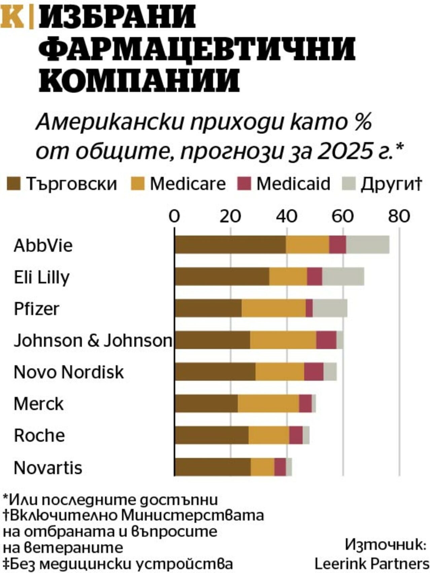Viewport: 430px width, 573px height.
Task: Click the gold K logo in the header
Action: (x=12, y=17)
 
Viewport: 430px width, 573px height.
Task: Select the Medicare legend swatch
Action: (x=137, y=184)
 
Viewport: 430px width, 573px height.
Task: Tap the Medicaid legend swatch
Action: (x=244, y=184)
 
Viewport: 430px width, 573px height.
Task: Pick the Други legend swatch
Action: (x=349, y=184)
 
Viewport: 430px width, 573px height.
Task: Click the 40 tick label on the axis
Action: (x=287, y=216)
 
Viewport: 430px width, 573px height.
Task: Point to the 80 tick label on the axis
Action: (x=399, y=216)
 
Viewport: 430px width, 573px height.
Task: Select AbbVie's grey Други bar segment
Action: (x=368, y=245)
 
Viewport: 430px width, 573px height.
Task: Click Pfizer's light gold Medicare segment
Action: (x=274, y=308)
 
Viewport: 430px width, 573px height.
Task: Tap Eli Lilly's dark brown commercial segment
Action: (x=222, y=276)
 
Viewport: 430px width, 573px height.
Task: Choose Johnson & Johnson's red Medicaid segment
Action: (x=326, y=340)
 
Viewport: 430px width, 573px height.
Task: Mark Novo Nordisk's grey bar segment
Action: (x=330, y=371)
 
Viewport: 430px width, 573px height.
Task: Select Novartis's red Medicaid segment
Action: (x=280, y=467)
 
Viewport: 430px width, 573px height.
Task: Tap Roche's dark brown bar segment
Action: (x=212, y=435)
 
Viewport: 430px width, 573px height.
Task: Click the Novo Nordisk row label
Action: (x=69, y=372)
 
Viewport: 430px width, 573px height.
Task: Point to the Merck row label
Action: (x=39, y=404)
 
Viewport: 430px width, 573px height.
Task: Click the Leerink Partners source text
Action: (x=372, y=563)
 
